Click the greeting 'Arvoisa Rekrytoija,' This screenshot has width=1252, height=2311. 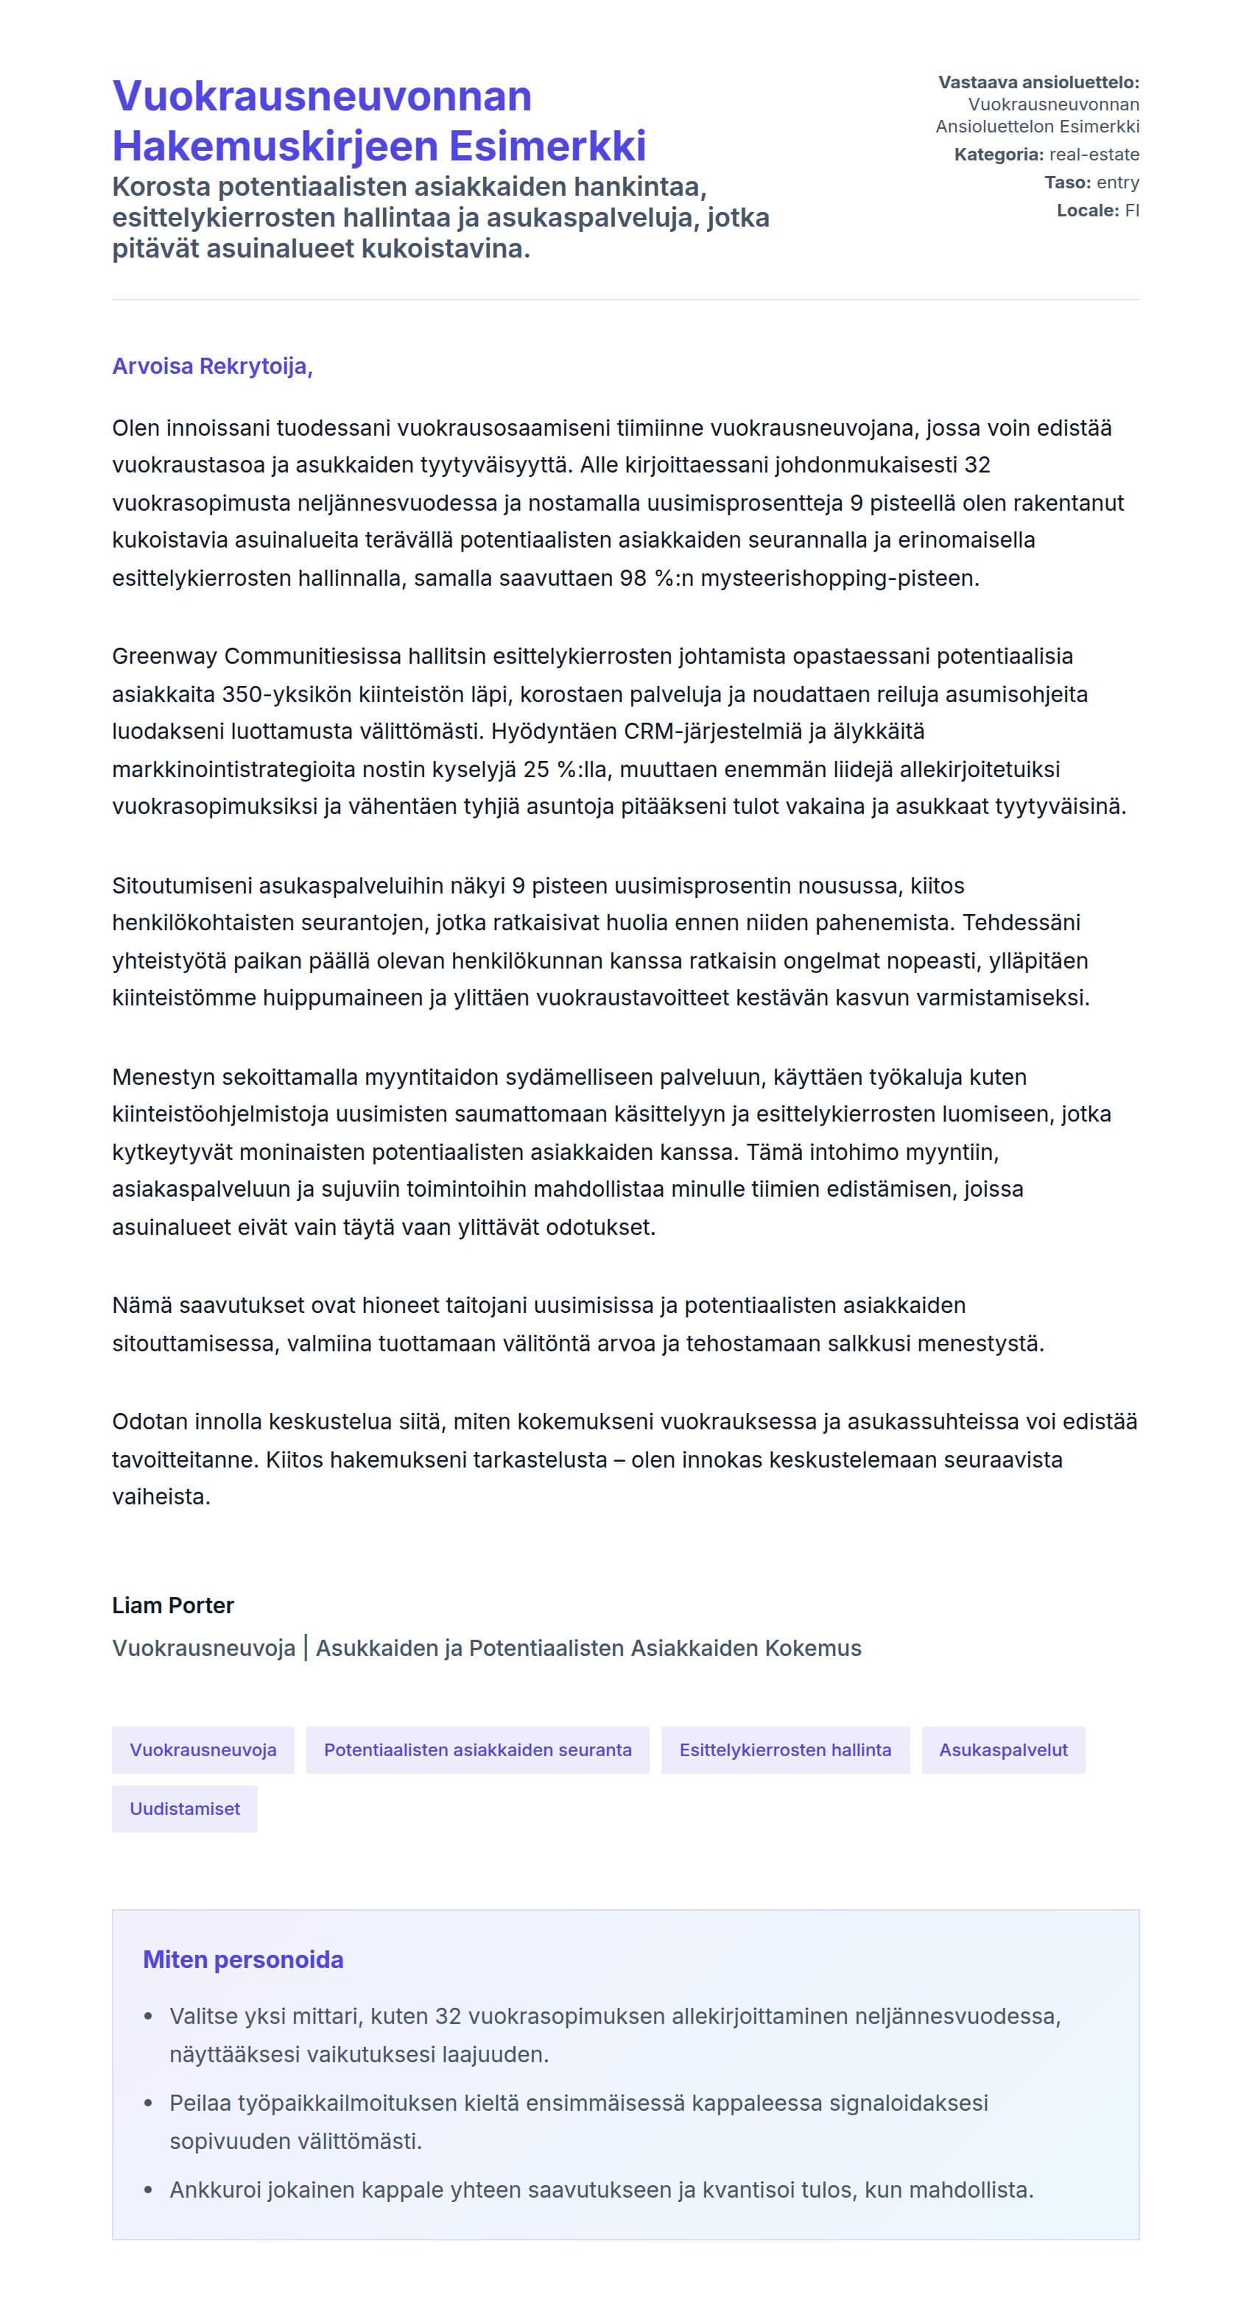[212, 366]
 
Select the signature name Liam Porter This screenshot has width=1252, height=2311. [172, 1605]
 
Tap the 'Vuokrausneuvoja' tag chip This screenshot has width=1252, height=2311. [203, 1749]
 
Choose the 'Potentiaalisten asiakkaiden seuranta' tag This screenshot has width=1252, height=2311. [477, 1749]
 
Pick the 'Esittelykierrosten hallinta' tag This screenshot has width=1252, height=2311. [784, 1749]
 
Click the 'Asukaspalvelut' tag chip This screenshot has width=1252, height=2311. [1002, 1749]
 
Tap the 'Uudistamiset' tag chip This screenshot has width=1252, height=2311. [184, 1808]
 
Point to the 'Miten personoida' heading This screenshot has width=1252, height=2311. [242, 1959]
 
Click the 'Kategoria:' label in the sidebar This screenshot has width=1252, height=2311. [998, 155]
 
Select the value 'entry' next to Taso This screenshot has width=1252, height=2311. [1117, 182]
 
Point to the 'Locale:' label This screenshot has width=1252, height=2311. [1087, 210]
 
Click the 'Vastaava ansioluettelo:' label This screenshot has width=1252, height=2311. [1038, 82]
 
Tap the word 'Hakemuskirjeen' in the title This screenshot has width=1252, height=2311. [275, 145]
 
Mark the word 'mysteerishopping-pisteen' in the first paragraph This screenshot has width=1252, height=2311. [838, 578]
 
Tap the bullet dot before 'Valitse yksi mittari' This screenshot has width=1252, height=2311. [148, 2016]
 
